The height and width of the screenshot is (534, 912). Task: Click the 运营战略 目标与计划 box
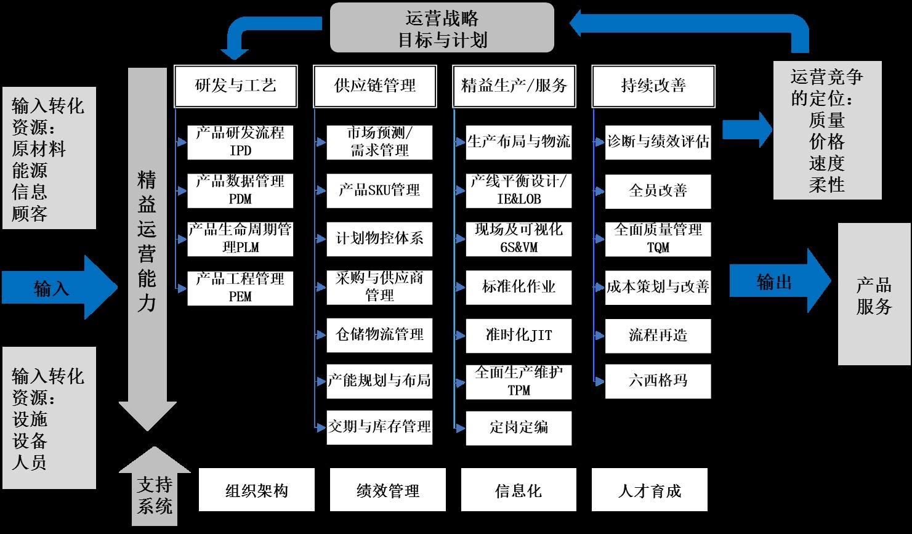pos(442,28)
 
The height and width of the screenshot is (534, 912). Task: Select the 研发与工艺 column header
pos(235,86)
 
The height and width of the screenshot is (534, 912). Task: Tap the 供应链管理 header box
pos(374,86)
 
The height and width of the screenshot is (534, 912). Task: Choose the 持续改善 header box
pos(653,86)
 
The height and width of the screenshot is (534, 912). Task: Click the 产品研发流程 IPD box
pos(240,142)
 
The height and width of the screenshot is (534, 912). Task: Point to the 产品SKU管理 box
pos(379,190)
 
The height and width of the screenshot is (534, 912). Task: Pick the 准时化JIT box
pos(519,336)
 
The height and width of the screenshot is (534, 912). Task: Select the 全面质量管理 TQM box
pos(658,239)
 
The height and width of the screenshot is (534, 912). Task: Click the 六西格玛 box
pos(658,381)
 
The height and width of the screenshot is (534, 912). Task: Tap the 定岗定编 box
pos(519,427)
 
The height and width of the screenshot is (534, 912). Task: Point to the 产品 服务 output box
pos(874,294)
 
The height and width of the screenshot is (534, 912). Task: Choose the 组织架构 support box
pos(256,490)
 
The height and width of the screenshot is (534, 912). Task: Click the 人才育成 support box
pos(649,490)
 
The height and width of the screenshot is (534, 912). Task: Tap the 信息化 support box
pos(519,490)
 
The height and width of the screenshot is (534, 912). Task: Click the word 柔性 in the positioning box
pos(826,185)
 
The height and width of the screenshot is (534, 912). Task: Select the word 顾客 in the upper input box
pos(30,214)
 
